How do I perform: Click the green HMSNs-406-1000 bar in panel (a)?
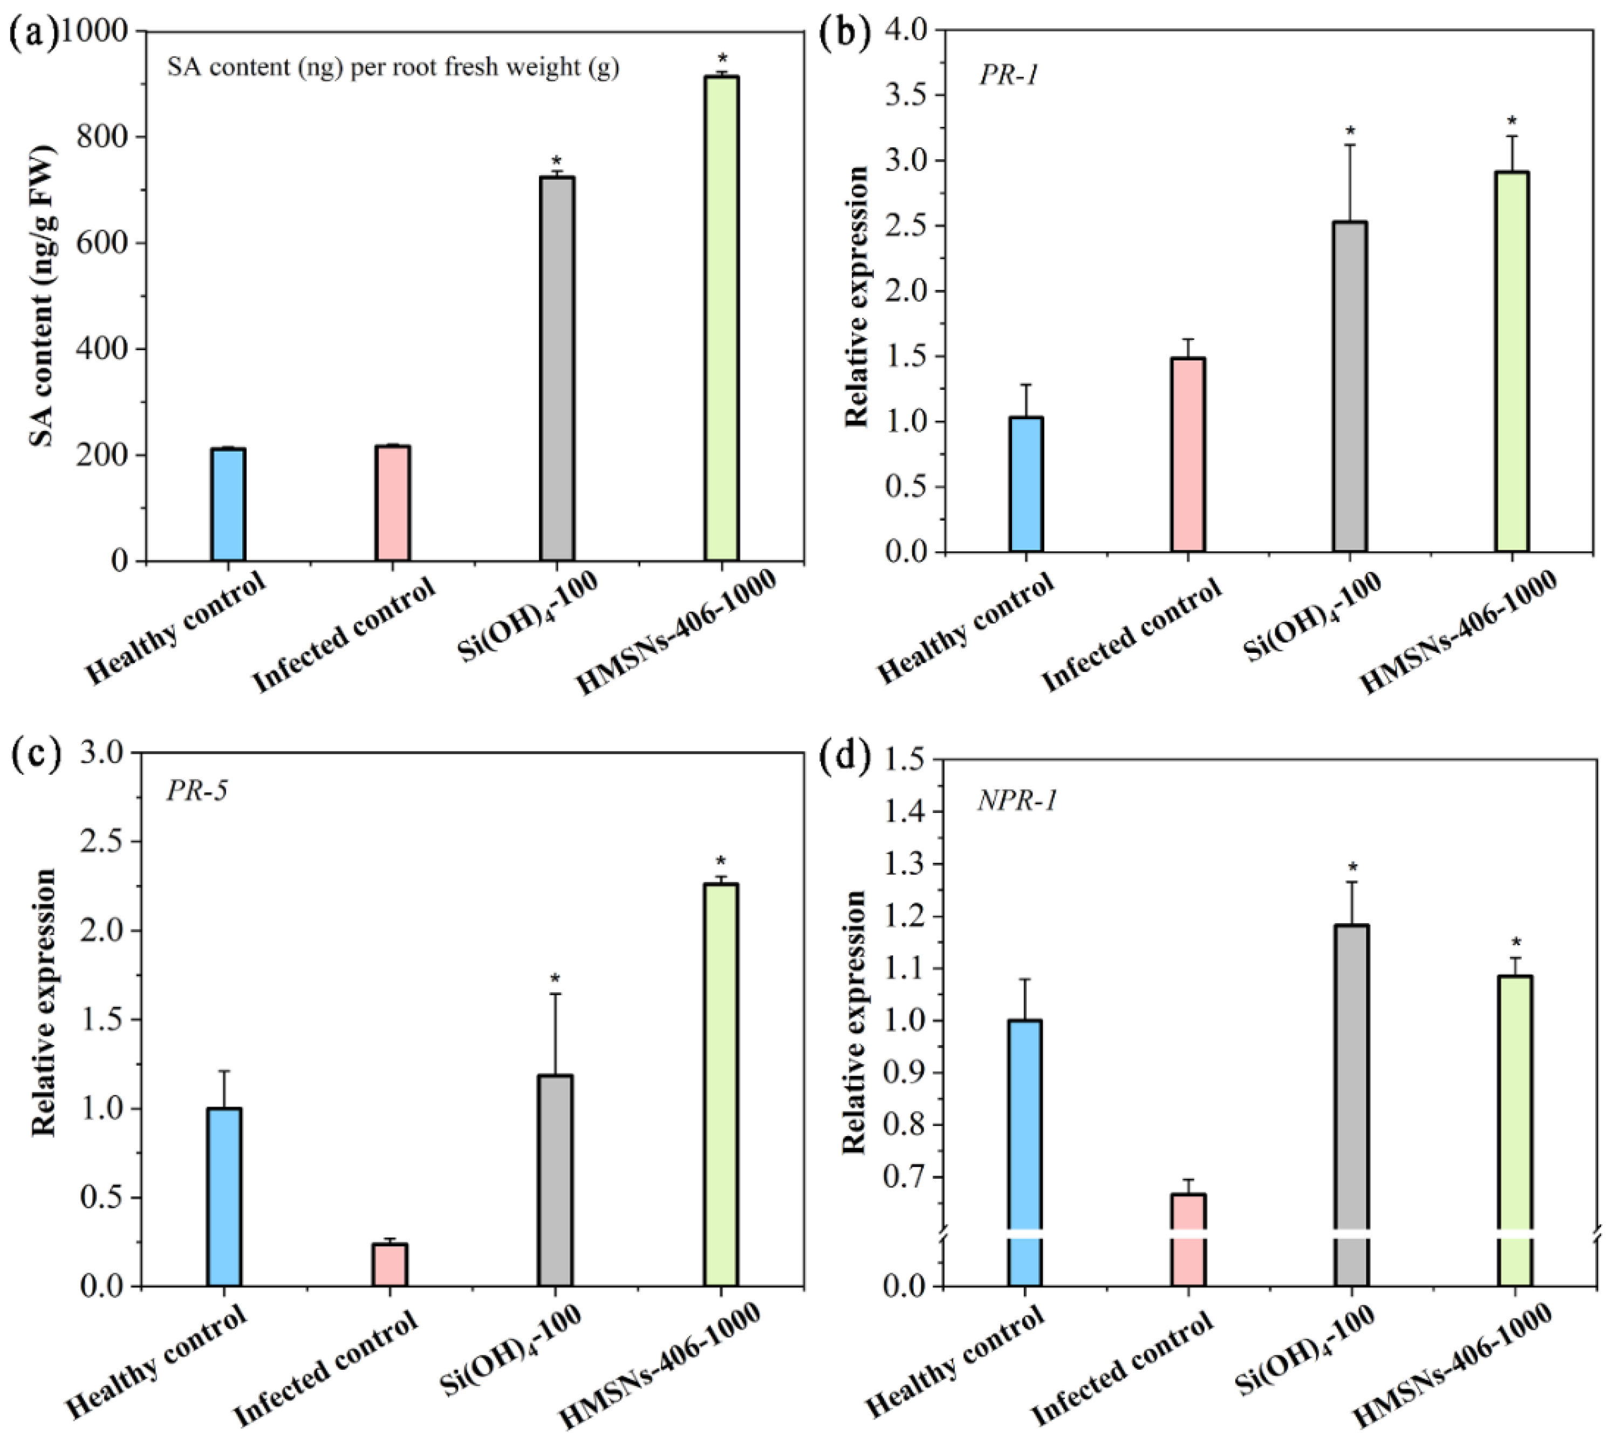721,320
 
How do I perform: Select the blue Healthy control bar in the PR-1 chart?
1026,484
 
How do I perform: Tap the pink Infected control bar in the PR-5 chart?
389,1264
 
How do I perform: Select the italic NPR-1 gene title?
1017,800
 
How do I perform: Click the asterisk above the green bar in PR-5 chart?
720,862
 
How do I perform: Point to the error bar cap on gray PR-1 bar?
1349,145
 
